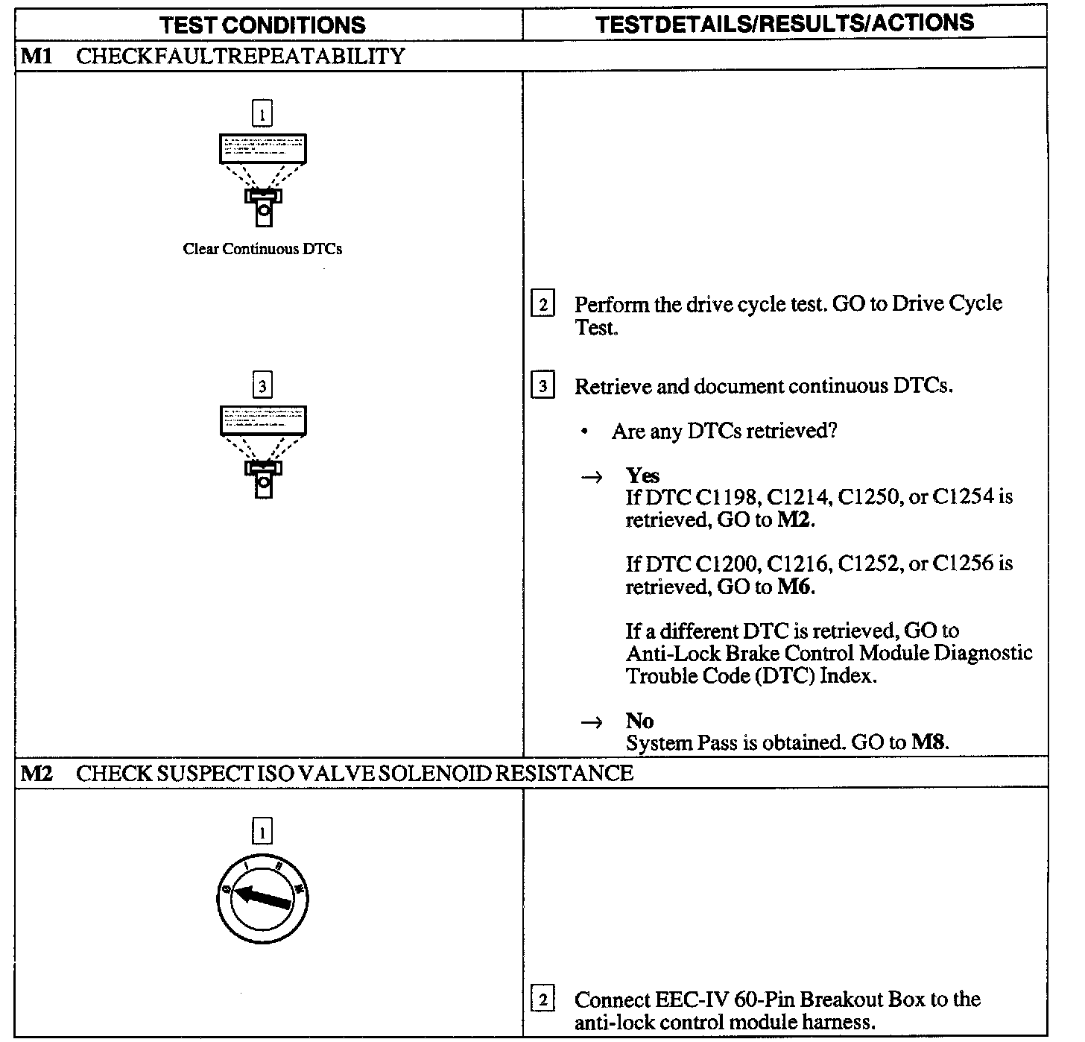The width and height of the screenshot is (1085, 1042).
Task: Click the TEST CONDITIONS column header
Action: [x=262, y=25]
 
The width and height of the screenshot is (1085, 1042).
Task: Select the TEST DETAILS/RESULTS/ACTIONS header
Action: [x=785, y=23]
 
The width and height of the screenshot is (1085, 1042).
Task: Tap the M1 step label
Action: [x=35, y=57]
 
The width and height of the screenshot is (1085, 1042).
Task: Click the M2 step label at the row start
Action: [x=35, y=773]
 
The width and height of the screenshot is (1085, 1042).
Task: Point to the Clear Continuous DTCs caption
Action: [x=262, y=249]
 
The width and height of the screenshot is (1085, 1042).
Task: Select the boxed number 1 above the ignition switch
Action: [x=262, y=830]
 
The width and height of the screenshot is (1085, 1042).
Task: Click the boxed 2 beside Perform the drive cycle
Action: [x=542, y=305]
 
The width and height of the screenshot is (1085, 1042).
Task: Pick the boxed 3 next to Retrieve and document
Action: [x=542, y=387]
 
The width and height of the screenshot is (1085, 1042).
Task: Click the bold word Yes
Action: [x=642, y=476]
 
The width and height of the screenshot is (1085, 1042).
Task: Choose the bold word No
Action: [x=639, y=721]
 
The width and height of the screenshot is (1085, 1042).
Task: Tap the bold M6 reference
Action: [x=795, y=587]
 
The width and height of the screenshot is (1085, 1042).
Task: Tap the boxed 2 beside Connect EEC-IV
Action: [x=542, y=1000]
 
